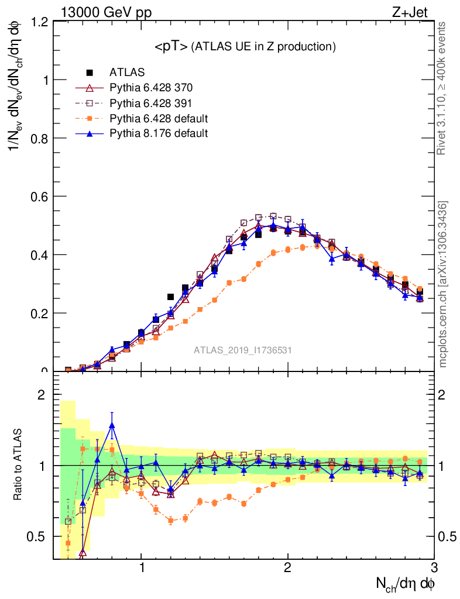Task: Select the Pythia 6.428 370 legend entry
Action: (x=151, y=88)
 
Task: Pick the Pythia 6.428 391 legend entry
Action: (x=151, y=103)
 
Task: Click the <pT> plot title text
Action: (x=245, y=47)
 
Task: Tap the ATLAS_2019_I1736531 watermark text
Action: (x=243, y=350)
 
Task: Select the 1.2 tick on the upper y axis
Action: (x=39, y=22)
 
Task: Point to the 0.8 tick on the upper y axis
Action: (x=39, y=138)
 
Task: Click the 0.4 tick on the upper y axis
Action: (x=39, y=254)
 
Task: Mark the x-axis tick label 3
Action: (x=433, y=568)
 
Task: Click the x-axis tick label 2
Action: (x=287, y=568)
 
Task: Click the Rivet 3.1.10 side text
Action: (x=442, y=88)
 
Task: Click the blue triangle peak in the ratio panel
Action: (x=112, y=425)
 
